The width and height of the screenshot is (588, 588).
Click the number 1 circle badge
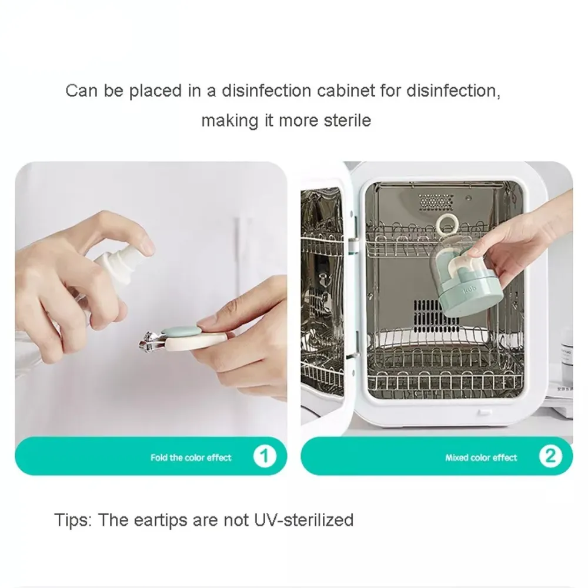point(265,456)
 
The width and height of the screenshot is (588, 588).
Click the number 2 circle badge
point(550,456)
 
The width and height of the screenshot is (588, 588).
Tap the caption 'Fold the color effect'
point(191,457)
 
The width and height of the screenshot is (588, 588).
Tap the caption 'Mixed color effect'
point(481,457)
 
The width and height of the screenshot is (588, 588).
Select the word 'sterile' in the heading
point(348,121)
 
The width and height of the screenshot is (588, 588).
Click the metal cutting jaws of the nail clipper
point(150,340)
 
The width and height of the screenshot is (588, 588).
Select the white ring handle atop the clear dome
point(446,226)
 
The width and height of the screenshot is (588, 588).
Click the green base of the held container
point(461,298)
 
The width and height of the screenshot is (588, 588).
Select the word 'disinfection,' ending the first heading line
point(453,91)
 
